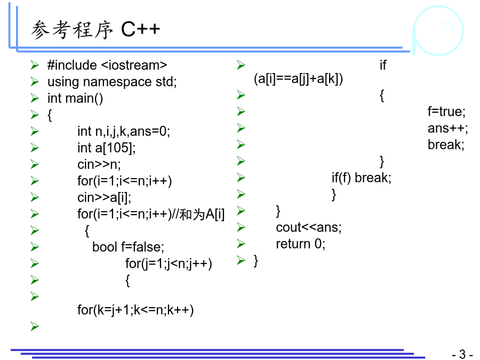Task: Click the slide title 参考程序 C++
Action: (95, 30)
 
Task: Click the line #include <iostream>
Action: (107, 65)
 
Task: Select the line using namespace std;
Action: (112, 82)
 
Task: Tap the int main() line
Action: (75, 99)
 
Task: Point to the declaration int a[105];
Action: (107, 148)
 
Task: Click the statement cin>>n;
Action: (99, 165)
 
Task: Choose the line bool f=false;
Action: (128, 247)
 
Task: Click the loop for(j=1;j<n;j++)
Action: (169, 264)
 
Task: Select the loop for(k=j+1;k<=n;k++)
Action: (135, 310)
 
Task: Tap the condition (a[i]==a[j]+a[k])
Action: (299, 79)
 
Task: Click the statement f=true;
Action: (446, 112)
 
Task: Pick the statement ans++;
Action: (448, 129)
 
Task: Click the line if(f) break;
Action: (362, 178)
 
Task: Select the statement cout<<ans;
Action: (309, 227)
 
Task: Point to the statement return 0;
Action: (301, 244)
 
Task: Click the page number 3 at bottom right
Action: (462, 354)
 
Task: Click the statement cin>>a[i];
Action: (105, 198)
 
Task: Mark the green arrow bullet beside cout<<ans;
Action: (241, 227)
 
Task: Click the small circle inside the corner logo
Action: (448, 25)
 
